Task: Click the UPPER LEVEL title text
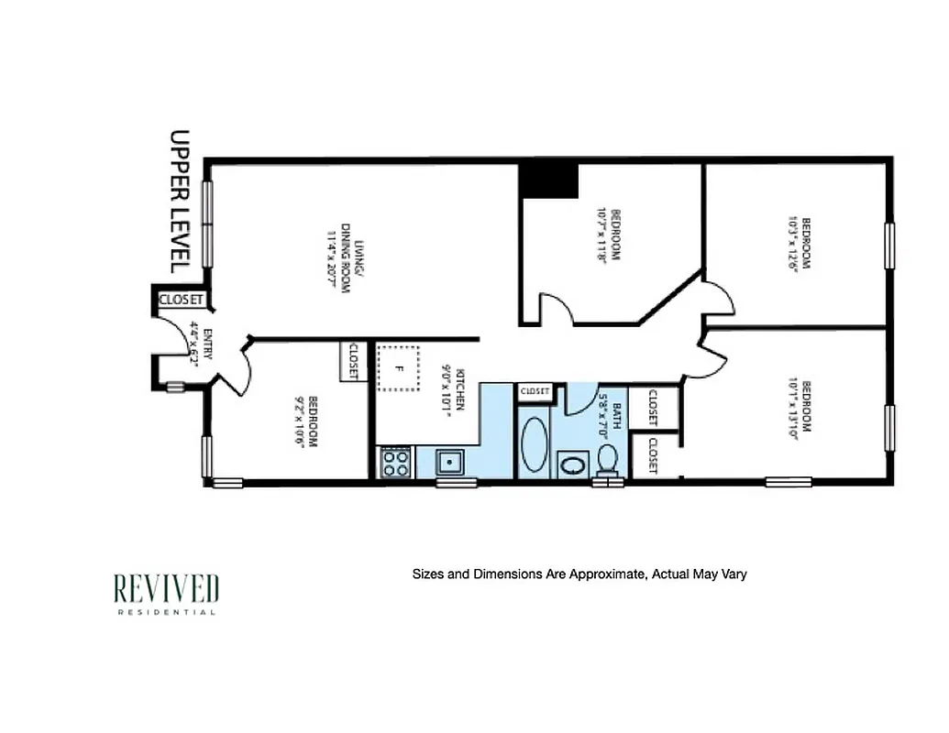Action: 180,201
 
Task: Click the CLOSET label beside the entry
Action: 180,299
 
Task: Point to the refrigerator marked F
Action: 399,367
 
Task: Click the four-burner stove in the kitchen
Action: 396,461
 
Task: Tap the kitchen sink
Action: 449,461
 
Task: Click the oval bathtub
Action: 535,444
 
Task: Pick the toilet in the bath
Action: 606,457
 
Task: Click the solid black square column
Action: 548,181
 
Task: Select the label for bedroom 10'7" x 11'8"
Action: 609,235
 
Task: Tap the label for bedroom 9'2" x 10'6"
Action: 306,420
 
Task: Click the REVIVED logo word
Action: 166,588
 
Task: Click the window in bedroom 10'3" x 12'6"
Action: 888,245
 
